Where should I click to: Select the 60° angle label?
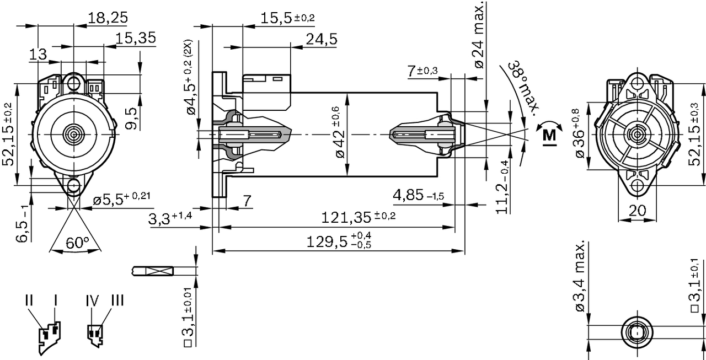(77, 242)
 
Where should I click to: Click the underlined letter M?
(549, 135)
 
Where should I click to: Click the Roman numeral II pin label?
(29, 300)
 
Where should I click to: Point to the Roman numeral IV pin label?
(92, 300)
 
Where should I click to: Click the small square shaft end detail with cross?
(159, 271)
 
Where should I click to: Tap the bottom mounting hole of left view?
(73, 186)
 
